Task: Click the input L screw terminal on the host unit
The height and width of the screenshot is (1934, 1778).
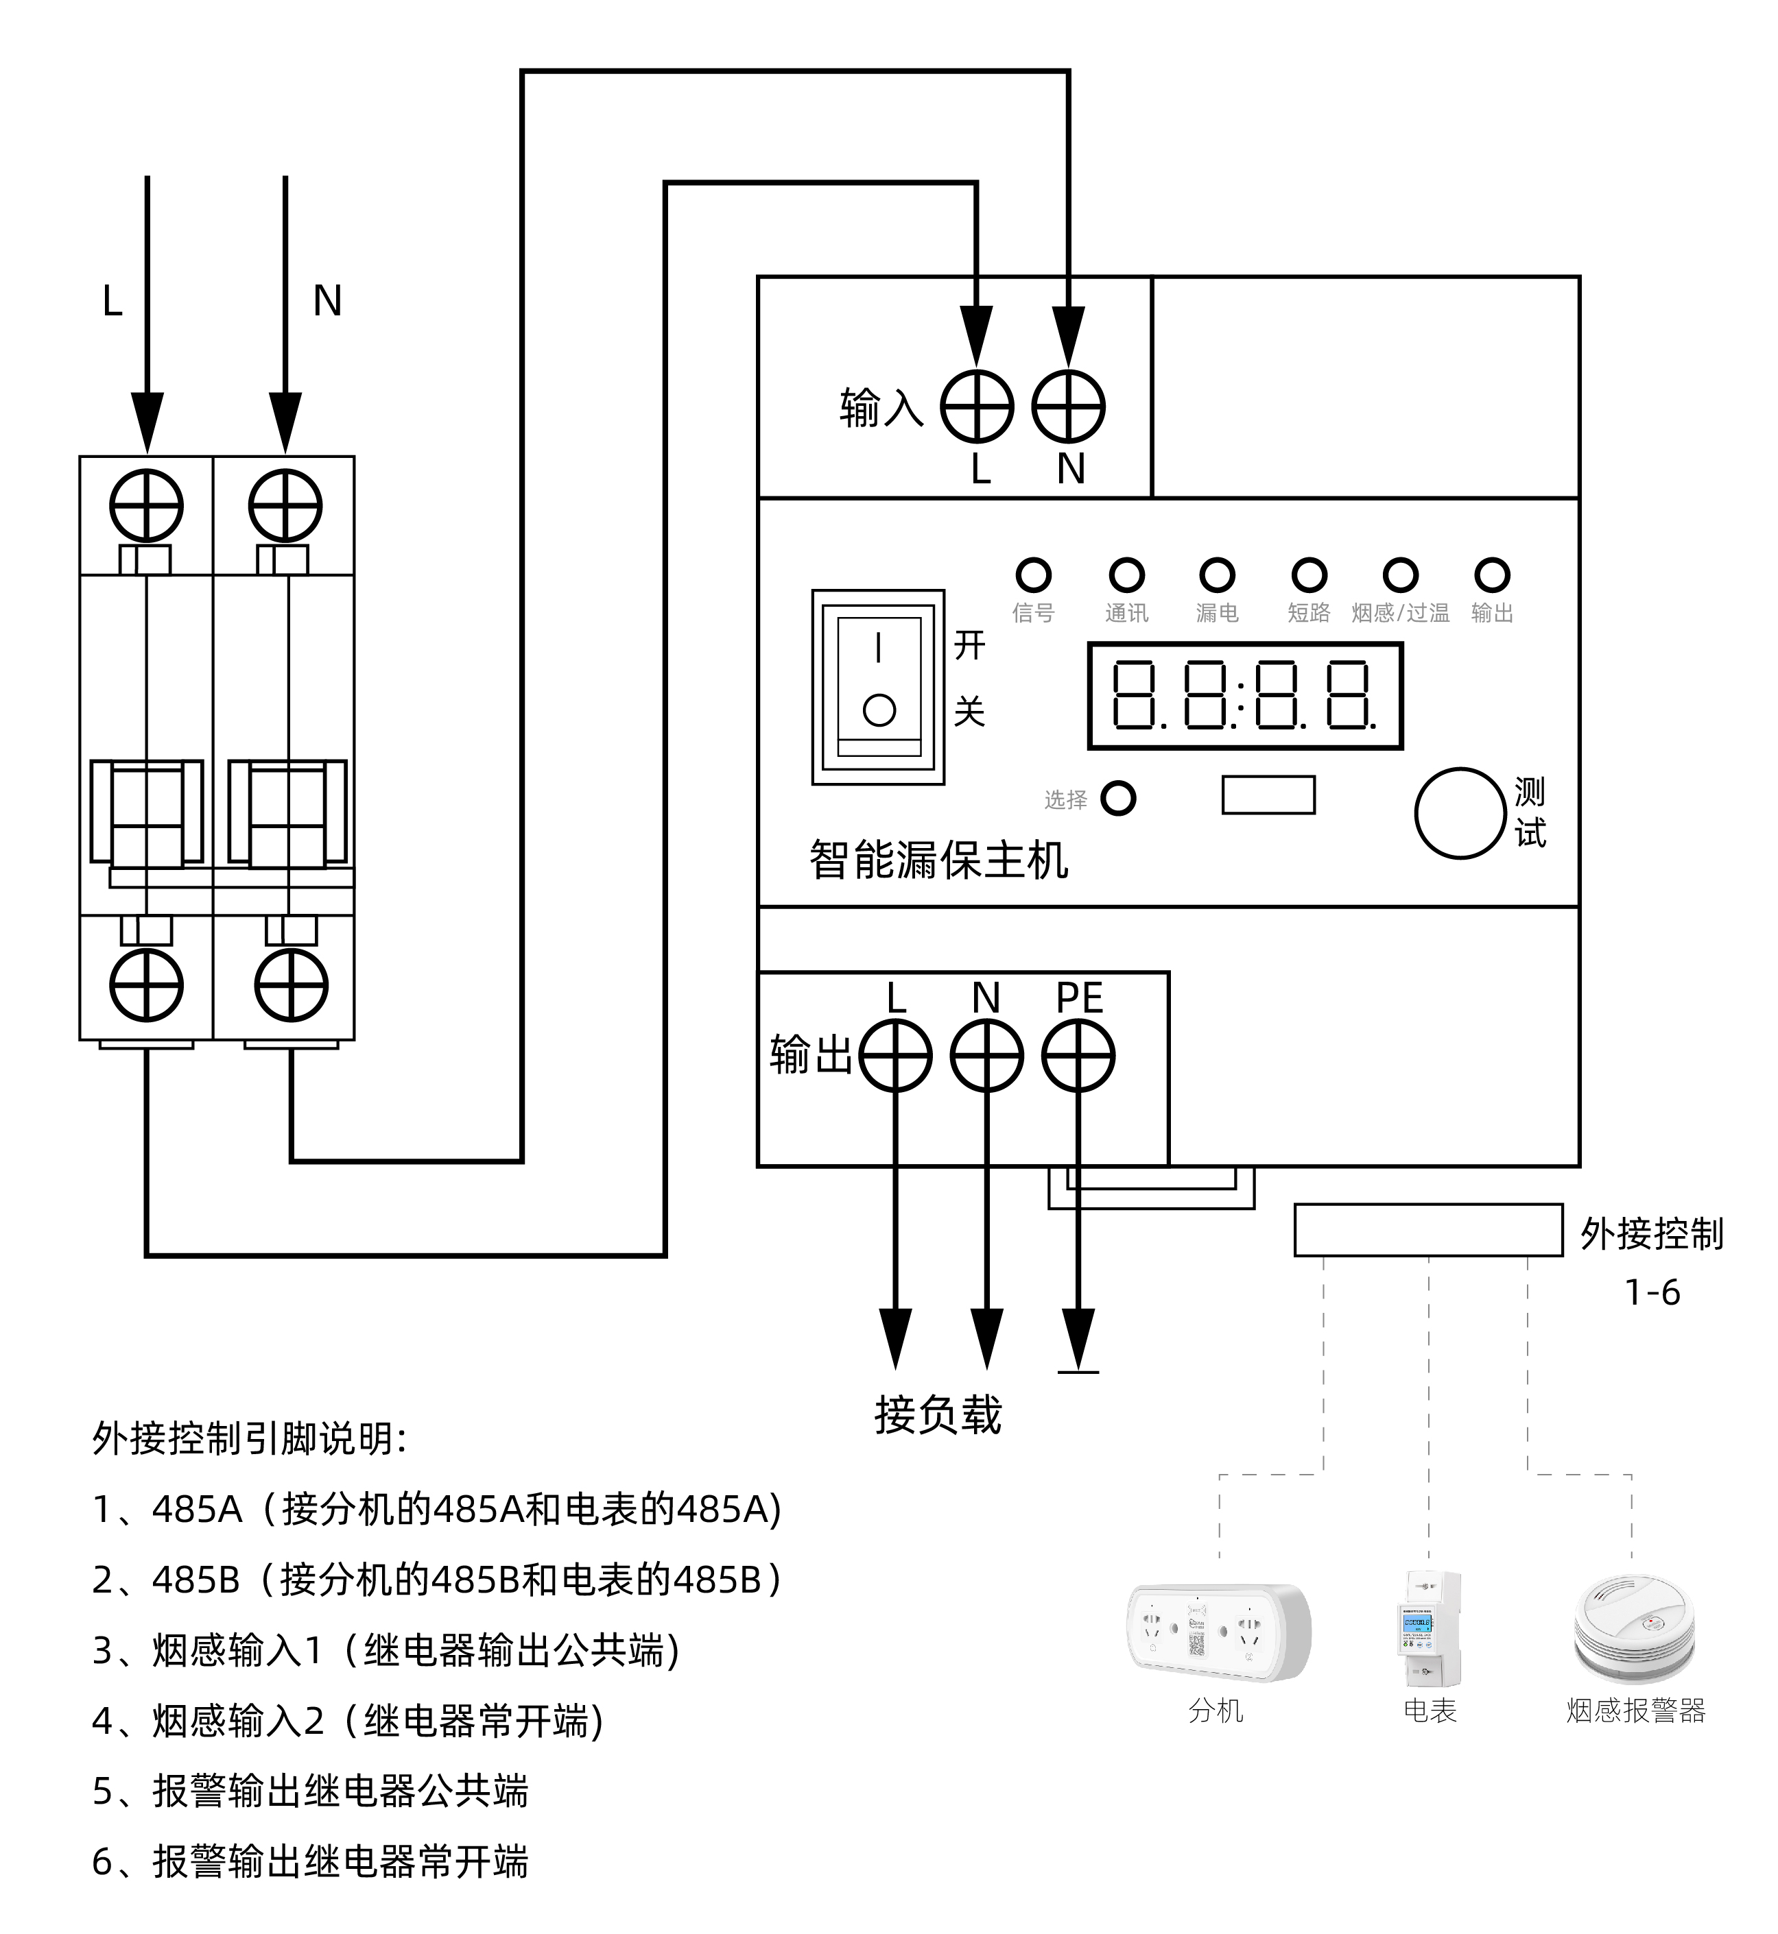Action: [x=977, y=406]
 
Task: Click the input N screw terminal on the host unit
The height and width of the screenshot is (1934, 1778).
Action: [x=1068, y=406]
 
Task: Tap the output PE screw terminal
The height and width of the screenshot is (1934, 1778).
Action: [x=1078, y=1056]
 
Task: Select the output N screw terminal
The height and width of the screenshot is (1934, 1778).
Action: [x=986, y=1056]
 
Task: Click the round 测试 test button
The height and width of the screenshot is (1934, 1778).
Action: [x=1460, y=812]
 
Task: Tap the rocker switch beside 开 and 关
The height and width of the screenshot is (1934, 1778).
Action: [x=879, y=687]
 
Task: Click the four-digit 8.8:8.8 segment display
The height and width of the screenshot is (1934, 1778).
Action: [x=1245, y=695]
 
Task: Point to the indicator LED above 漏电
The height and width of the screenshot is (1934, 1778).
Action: [x=1217, y=575]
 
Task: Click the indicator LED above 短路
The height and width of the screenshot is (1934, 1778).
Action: [x=1309, y=575]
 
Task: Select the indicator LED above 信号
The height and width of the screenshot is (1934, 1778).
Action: [x=1033, y=575]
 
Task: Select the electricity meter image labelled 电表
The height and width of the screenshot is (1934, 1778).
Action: [x=1430, y=1629]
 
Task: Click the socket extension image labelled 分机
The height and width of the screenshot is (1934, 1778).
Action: [x=1218, y=1633]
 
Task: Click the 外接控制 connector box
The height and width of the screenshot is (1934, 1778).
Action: [x=1427, y=1230]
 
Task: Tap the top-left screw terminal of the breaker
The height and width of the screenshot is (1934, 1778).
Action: [x=146, y=506]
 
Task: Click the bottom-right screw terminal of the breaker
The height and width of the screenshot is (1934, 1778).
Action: [x=292, y=984]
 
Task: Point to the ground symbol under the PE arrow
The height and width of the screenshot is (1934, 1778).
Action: [x=1078, y=1370]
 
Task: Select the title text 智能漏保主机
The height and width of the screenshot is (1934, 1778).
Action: [x=938, y=860]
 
